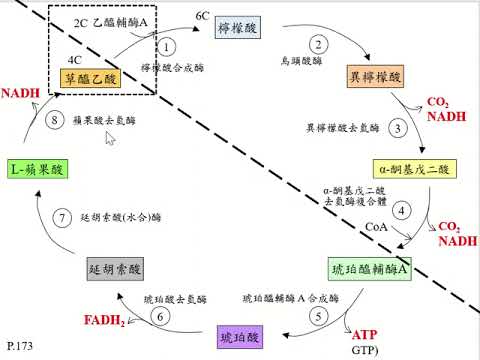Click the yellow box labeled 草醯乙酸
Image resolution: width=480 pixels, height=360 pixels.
93,76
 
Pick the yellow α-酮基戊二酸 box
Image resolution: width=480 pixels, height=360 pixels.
411,166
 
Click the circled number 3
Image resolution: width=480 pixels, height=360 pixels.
398,128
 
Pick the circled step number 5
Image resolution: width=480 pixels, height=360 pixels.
317,317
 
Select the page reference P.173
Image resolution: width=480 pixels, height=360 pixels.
20,346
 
